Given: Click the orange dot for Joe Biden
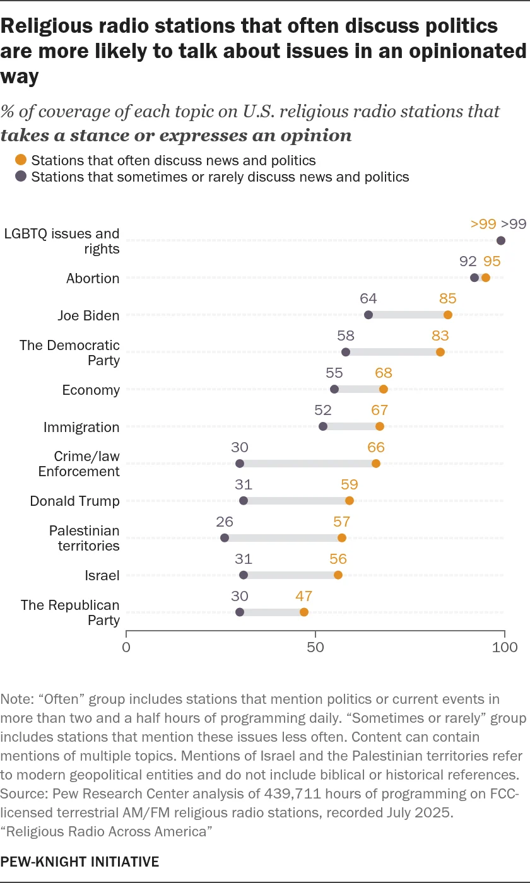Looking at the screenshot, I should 448,315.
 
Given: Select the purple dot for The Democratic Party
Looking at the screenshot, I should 346,352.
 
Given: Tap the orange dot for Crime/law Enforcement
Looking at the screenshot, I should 376,464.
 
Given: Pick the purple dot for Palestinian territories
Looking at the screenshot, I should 225,538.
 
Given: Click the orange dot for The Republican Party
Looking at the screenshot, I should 304,612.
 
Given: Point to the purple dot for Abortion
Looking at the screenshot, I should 474,278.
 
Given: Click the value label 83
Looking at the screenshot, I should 440,336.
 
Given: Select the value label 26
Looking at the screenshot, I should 225,522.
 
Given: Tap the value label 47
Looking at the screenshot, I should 304,596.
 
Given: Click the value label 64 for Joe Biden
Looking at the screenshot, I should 368,298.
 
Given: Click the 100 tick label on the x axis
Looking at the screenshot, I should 505,647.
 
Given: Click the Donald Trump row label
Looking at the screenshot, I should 74,501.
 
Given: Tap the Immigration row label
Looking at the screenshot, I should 81,427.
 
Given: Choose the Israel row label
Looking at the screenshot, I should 102,575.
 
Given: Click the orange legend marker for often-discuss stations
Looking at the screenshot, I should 21,160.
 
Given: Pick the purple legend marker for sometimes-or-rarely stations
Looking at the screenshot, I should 21,177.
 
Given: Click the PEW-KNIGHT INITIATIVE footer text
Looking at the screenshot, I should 80,861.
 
